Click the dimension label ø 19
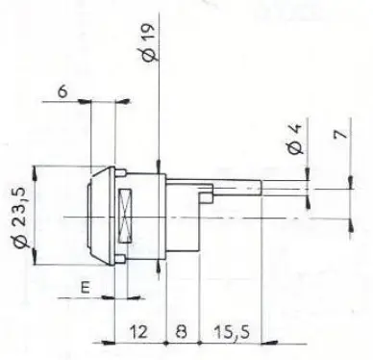coord(148,41)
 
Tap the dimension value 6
coord(62,91)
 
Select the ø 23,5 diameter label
coord(20,218)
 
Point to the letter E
coord(85,287)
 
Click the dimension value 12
coord(138,331)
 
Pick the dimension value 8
coord(182,331)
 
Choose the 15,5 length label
coord(232,332)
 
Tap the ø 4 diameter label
coord(294,139)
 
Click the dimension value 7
coord(341,134)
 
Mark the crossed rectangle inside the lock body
coord(125,216)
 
